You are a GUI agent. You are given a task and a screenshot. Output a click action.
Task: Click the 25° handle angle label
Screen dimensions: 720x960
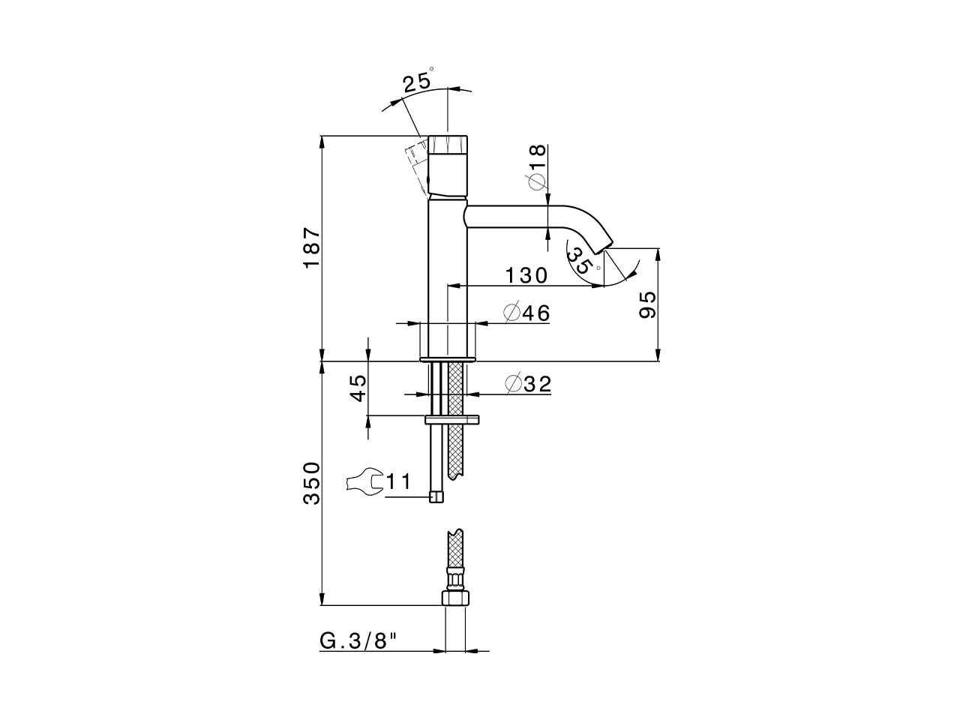(418, 82)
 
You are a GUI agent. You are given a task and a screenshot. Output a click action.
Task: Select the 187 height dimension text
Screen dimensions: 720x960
(312, 248)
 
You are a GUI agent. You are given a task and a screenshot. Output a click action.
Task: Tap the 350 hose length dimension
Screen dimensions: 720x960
(312, 483)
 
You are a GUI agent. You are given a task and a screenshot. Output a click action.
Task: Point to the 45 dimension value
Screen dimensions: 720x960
(358, 388)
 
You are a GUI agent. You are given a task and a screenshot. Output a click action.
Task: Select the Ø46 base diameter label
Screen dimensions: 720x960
(526, 313)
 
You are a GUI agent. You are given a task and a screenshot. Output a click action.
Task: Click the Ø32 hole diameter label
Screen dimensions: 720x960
(528, 385)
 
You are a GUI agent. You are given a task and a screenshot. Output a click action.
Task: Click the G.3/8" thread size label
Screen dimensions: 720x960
(358, 641)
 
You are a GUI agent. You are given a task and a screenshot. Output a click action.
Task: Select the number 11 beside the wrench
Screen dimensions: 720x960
(398, 481)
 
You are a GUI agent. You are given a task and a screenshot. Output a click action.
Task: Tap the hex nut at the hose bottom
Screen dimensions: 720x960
(455, 597)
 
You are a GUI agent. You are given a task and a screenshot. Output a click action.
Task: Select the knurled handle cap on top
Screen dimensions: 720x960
(449, 144)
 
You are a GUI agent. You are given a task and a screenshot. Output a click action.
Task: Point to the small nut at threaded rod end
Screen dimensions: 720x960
(436, 496)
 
